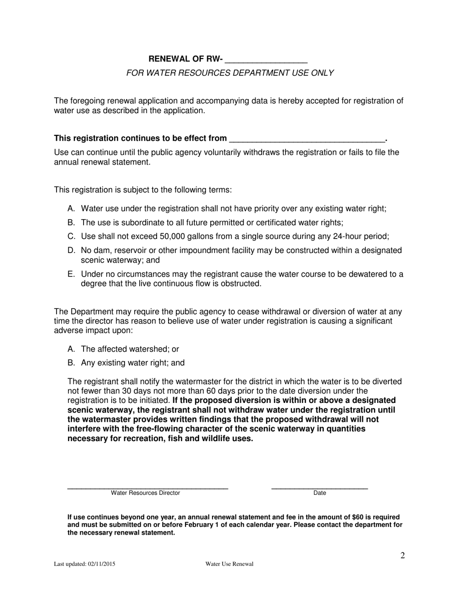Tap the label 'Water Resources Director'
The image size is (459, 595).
[145, 493]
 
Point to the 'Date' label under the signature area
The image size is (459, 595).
[320, 493]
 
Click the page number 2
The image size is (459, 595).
[402, 555]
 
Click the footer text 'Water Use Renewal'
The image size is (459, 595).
[229, 564]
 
